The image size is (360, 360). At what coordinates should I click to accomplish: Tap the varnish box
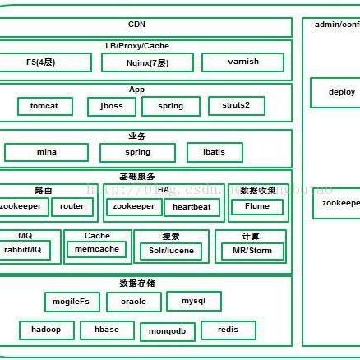pos(242,62)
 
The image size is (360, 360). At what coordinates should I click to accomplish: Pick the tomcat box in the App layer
pos(45,106)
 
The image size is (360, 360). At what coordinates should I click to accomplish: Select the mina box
pos(46,152)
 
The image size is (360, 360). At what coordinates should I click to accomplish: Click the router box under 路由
pos(72,207)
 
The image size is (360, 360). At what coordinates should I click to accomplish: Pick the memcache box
pos(97,248)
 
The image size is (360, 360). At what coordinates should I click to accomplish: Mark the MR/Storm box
pos(252,250)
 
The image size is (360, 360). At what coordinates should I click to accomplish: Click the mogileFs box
pos(71,302)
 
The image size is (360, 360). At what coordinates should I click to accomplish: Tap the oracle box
pos(134,302)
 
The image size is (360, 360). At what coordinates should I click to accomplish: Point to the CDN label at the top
pos(136,25)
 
